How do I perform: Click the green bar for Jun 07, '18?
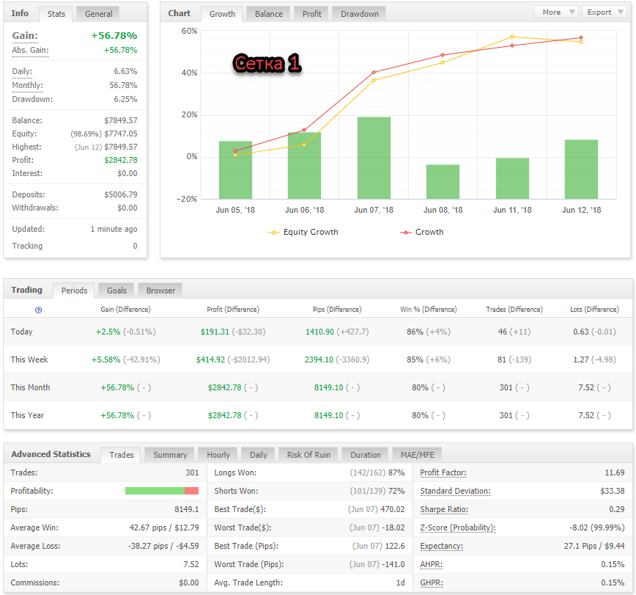click(x=374, y=158)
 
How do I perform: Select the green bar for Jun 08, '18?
click(x=443, y=181)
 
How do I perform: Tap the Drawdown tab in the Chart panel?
click(x=359, y=14)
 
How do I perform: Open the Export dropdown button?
click(x=604, y=12)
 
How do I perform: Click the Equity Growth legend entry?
click(x=303, y=232)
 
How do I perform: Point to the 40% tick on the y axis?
click(x=190, y=73)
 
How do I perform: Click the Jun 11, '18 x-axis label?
click(x=512, y=210)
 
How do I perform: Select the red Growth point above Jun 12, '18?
click(x=581, y=37)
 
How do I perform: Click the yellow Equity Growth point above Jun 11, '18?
click(x=512, y=37)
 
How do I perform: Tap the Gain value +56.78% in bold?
click(x=114, y=36)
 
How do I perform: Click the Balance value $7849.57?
click(x=120, y=120)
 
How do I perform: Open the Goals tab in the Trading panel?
click(x=117, y=291)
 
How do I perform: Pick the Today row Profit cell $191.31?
click(x=215, y=332)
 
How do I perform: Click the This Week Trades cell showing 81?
click(x=502, y=359)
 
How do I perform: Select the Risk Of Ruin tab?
click(x=308, y=455)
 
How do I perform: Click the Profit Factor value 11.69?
click(x=615, y=472)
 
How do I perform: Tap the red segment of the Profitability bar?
click(x=191, y=491)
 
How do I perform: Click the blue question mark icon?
click(x=39, y=310)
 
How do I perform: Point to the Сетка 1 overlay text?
click(x=267, y=63)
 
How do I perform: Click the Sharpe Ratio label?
click(x=444, y=509)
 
